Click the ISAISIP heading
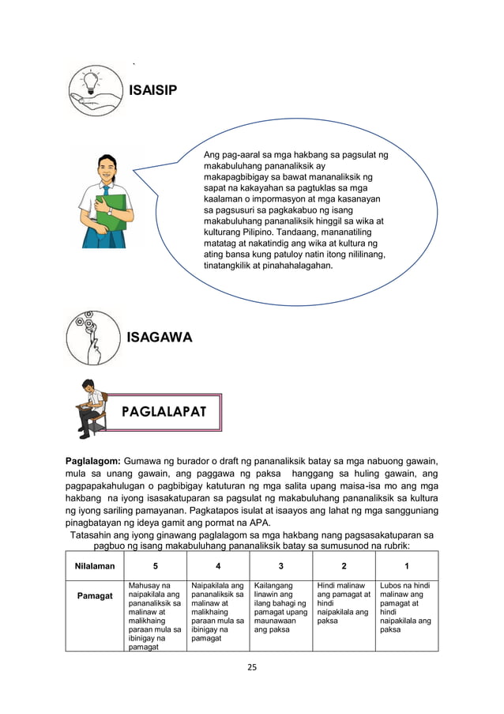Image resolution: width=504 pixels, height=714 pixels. (153, 91)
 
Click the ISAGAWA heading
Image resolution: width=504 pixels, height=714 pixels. (160, 338)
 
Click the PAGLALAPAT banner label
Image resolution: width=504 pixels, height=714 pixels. (164, 412)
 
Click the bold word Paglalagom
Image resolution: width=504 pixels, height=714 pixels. (92, 461)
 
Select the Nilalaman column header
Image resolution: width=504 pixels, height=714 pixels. (95, 566)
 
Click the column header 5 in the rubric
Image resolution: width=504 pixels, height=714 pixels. (155, 566)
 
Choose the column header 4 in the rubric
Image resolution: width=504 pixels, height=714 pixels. (217, 566)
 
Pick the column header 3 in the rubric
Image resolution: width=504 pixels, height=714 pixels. (280, 566)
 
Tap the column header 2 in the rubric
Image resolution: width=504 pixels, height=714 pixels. (344, 566)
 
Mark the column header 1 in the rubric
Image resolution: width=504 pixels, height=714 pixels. (406, 566)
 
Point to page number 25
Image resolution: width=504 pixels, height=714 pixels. (252, 667)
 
